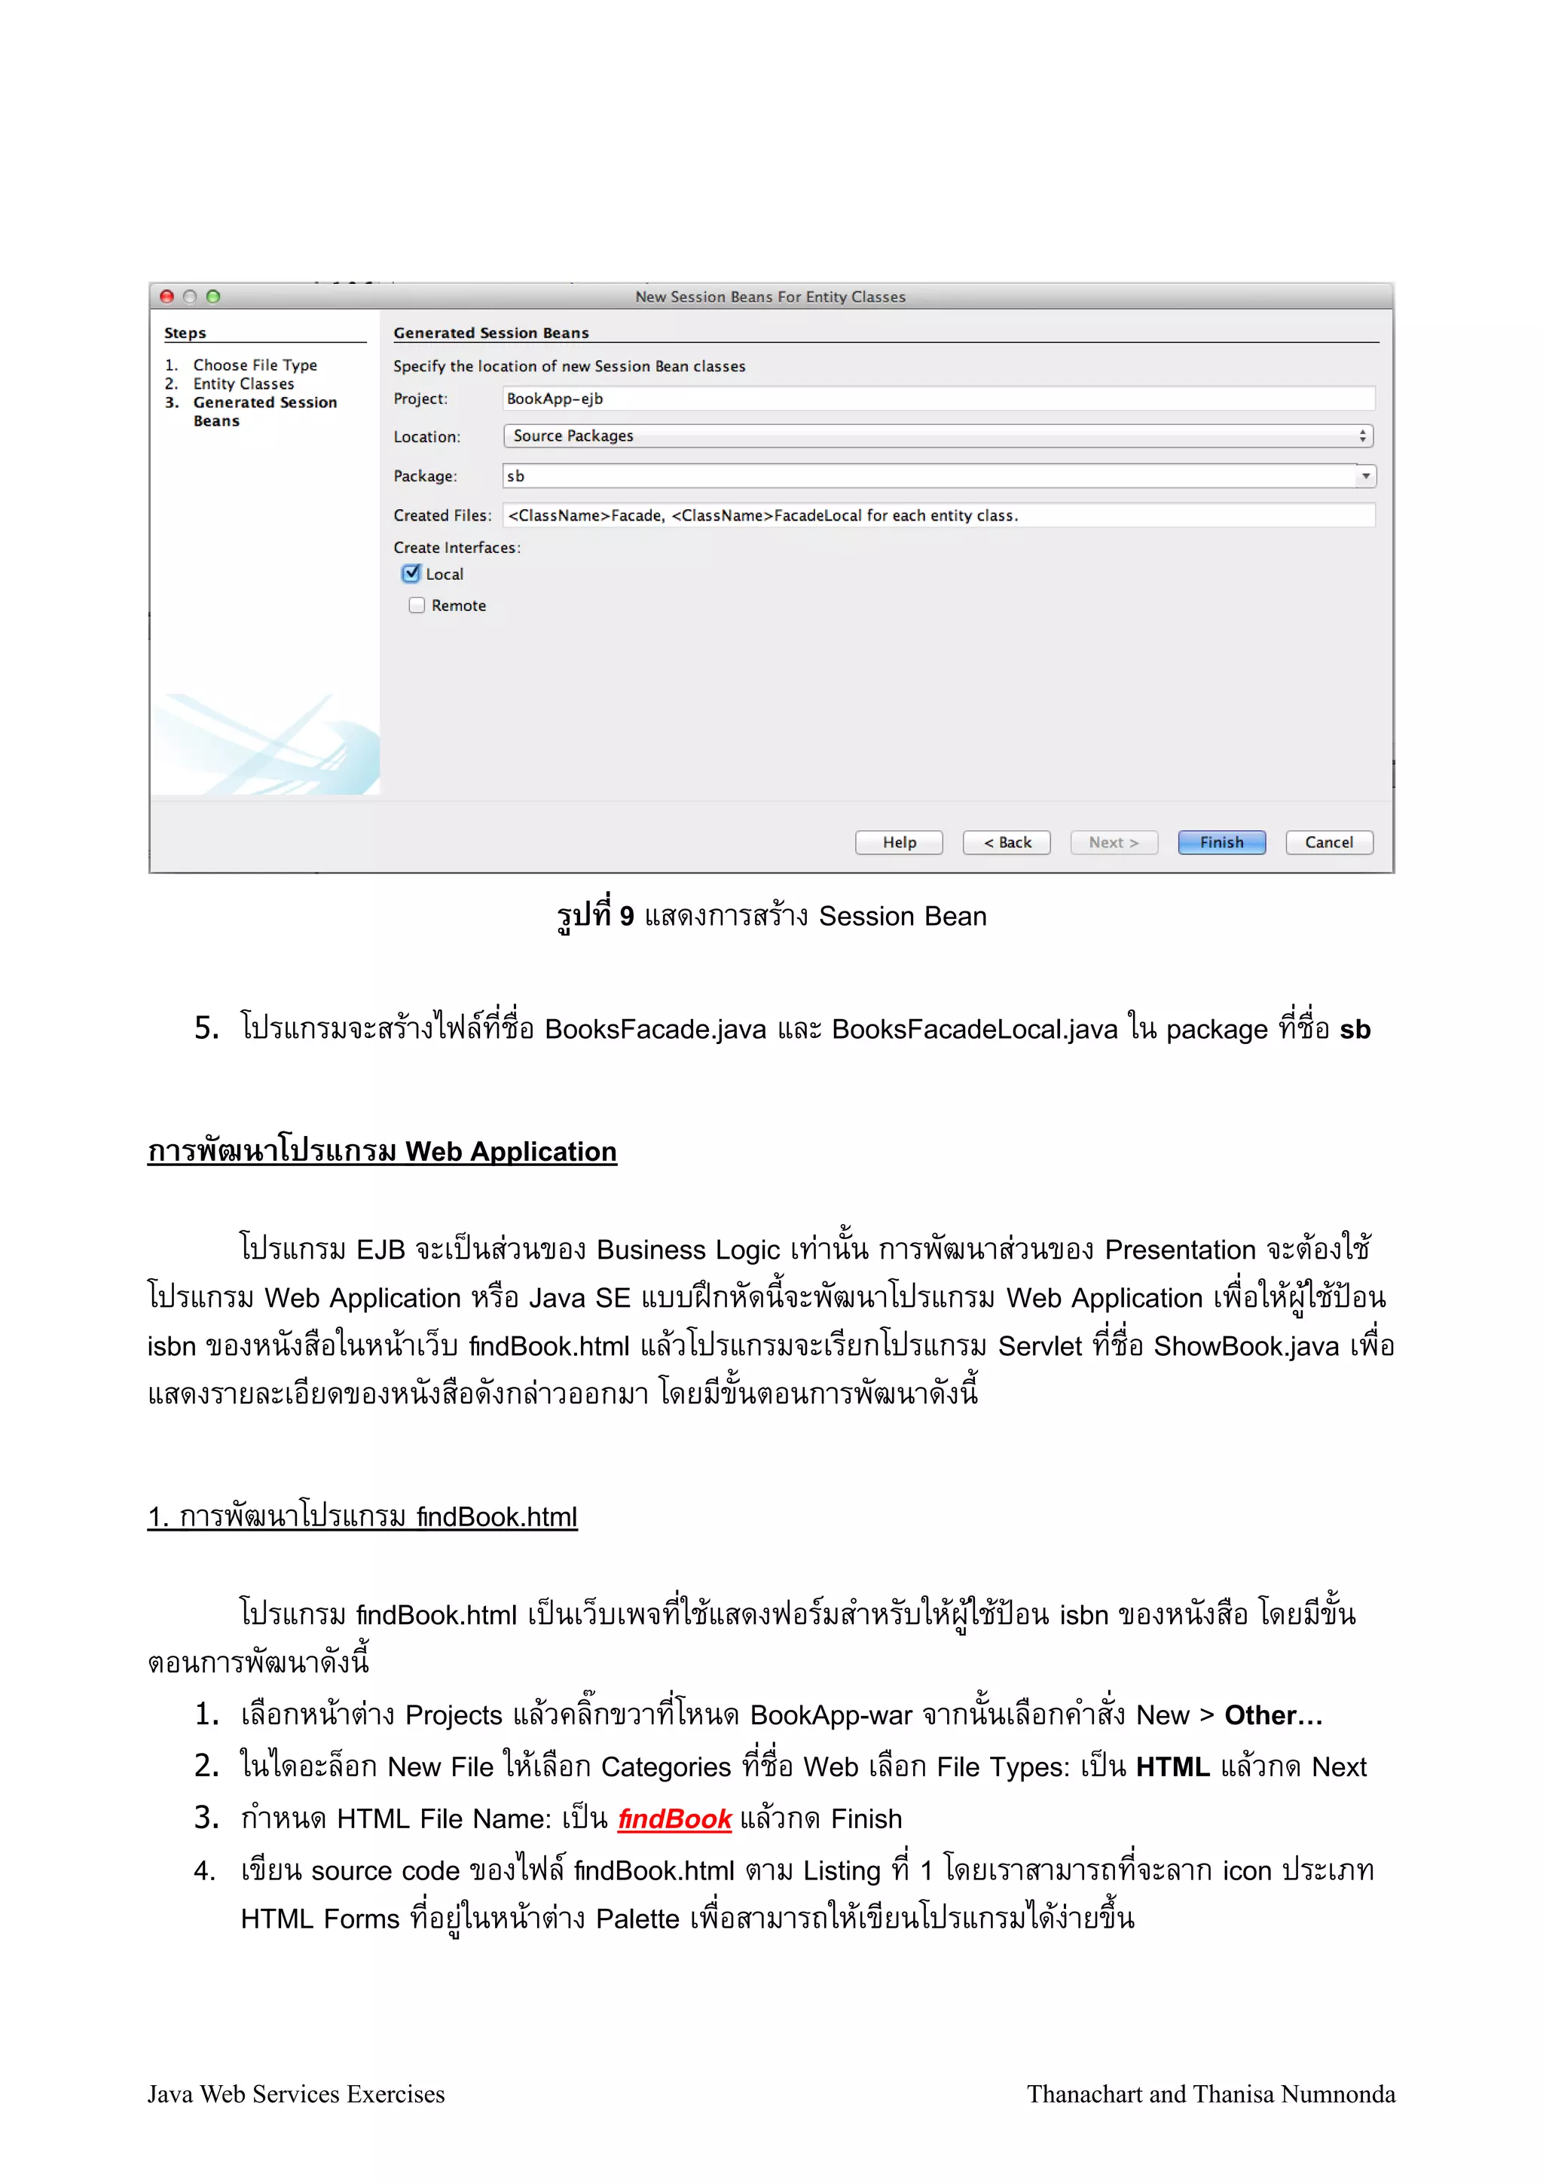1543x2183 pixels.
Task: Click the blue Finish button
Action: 1221,842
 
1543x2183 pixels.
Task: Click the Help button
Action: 898,842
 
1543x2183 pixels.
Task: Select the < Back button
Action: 1006,842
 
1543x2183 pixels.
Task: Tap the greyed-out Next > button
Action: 1114,842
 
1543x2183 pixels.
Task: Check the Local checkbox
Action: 411,573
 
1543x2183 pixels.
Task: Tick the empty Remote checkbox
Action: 417,606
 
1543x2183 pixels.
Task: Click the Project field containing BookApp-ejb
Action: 937,398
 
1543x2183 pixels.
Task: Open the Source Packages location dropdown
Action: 937,435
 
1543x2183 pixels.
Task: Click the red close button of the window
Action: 167,297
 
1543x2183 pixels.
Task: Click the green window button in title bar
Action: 213,297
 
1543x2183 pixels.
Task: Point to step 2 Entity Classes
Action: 243,384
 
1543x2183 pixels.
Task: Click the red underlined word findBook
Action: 674,1820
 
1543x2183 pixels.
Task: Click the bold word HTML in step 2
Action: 1172,1767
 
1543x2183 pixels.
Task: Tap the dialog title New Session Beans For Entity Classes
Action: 770,297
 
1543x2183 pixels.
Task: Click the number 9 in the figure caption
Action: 627,917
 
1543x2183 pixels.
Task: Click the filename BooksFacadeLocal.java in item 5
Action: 974,1030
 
